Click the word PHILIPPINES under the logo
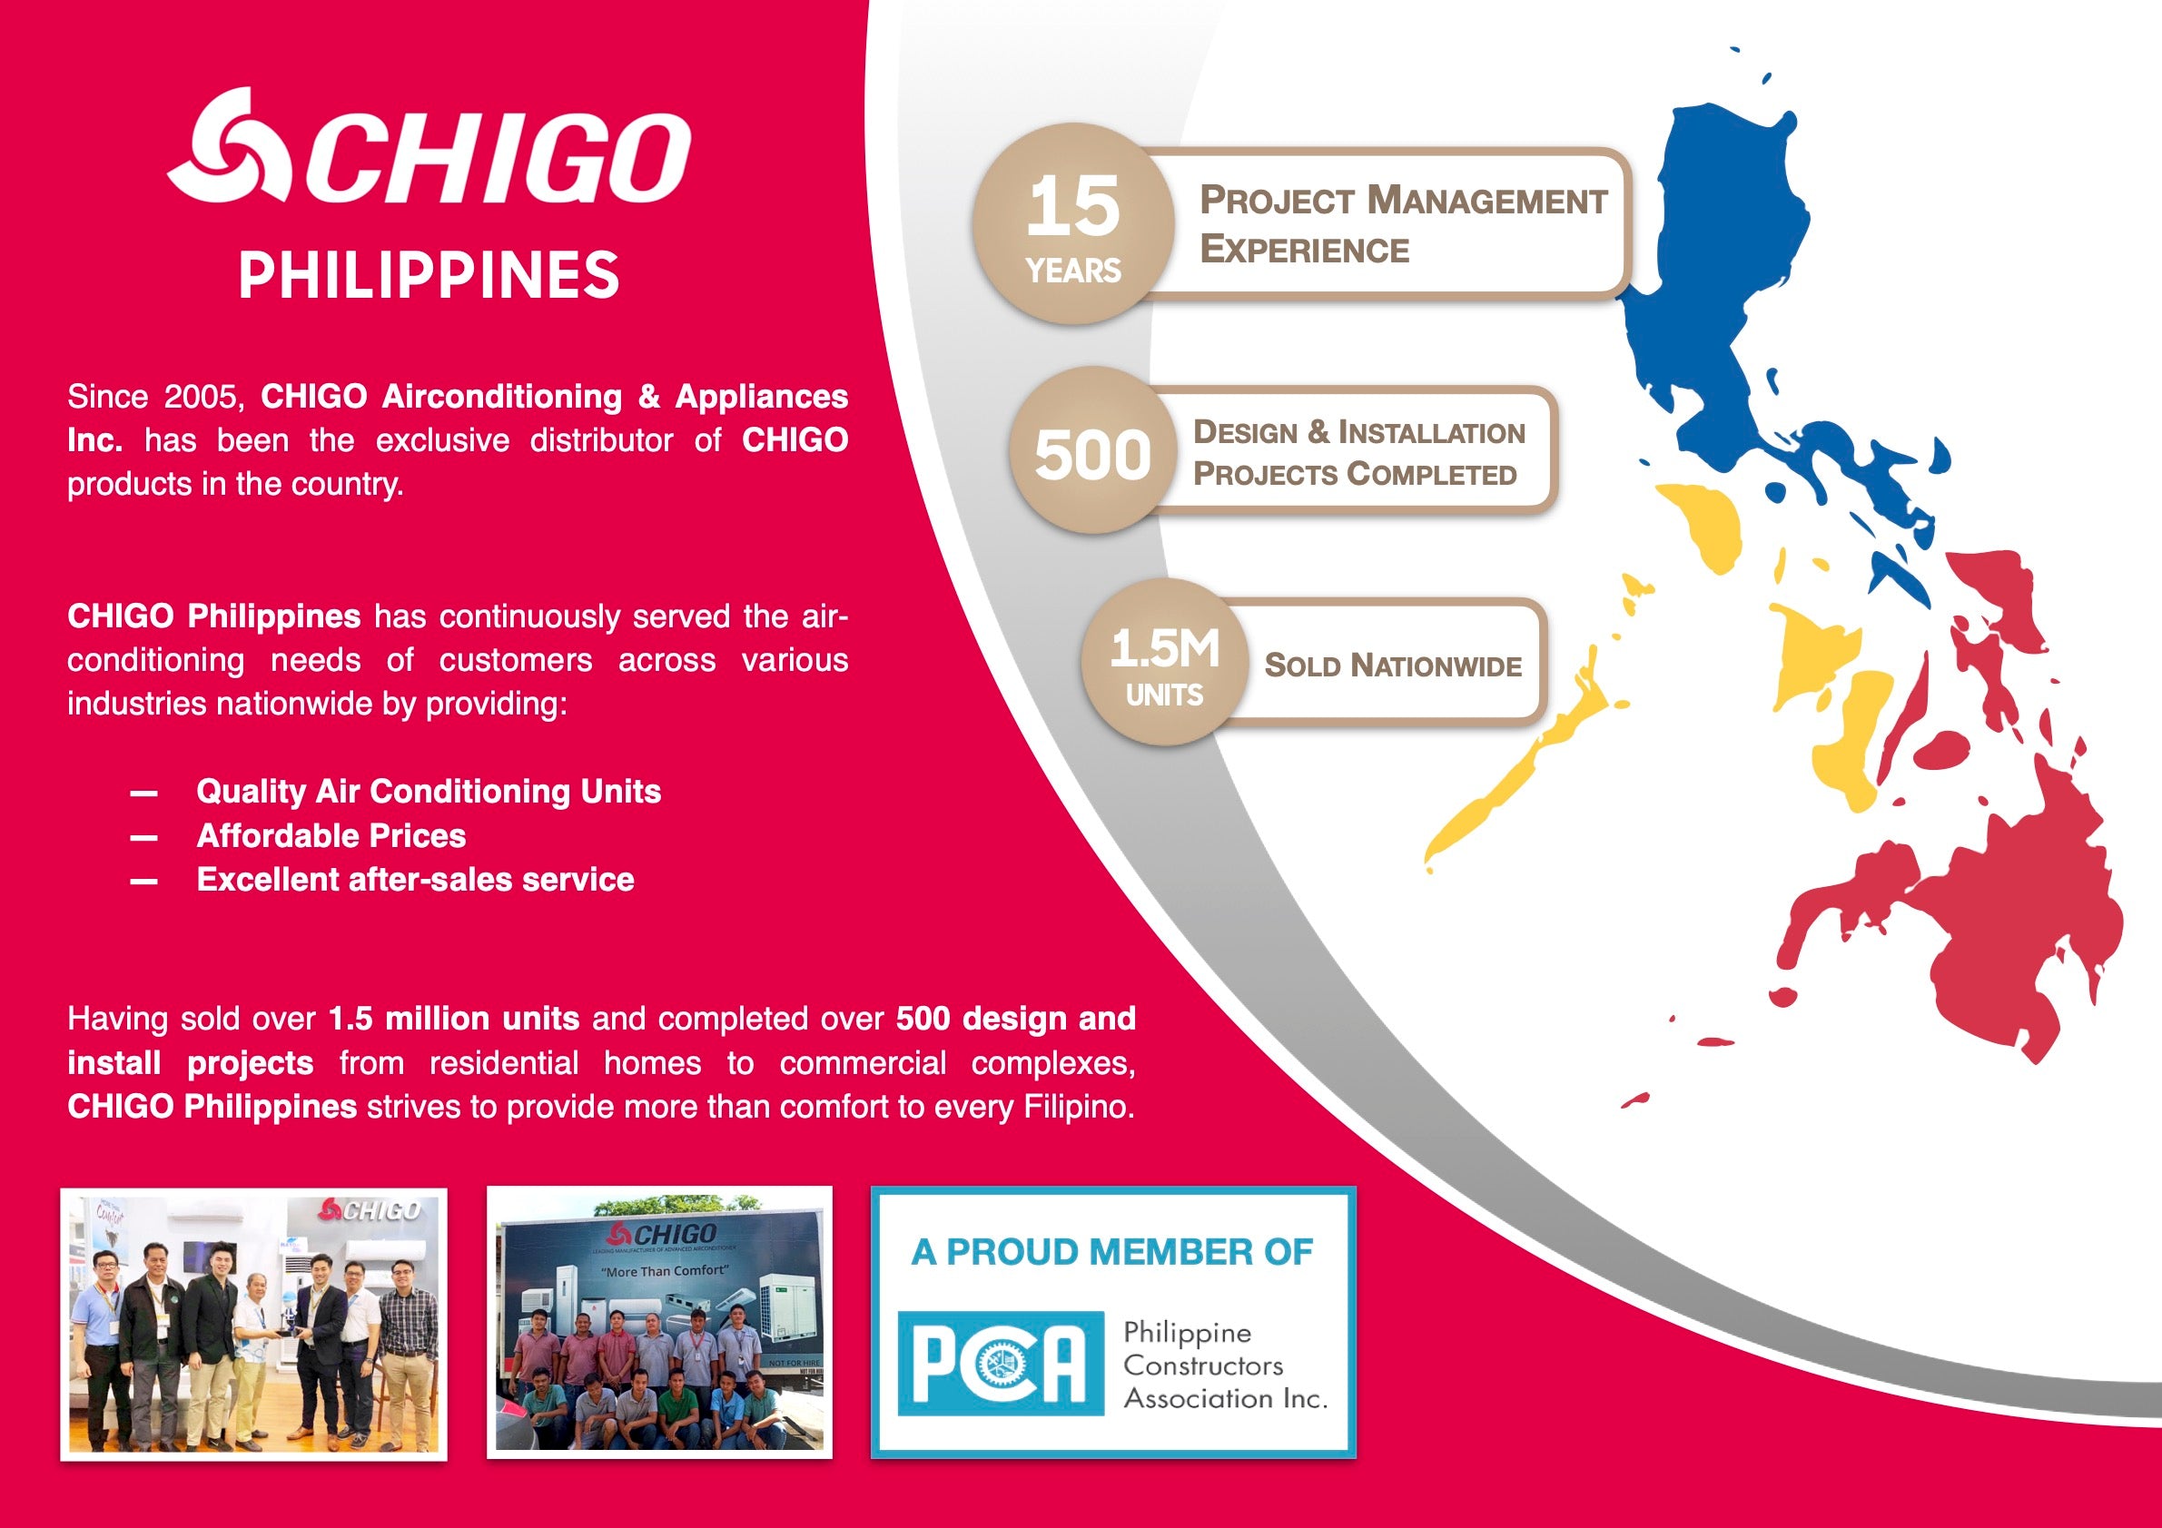click(429, 276)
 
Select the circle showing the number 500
click(1092, 452)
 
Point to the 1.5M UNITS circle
click(1165, 663)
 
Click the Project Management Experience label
click(1402, 224)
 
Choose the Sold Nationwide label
click(1393, 665)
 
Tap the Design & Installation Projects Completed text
click(1357, 453)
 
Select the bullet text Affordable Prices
click(331, 835)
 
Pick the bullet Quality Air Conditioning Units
click(429, 791)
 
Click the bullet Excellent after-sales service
click(415, 880)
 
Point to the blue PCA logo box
click(1000, 1362)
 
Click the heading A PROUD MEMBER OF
click(1112, 1252)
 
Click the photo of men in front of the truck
click(659, 1322)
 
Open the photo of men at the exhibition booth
click(253, 1324)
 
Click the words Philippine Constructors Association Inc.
click(1224, 1365)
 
